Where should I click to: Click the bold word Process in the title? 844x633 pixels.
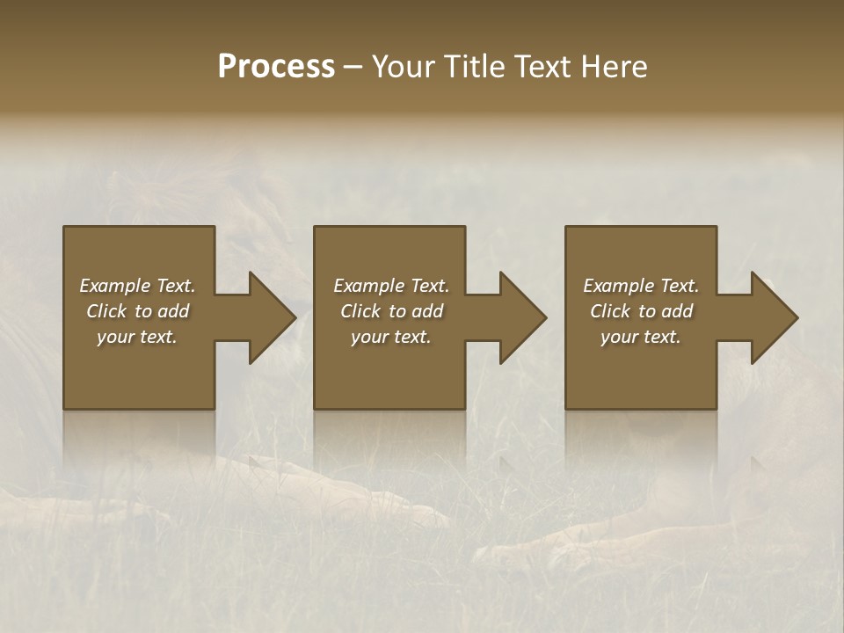pos(276,67)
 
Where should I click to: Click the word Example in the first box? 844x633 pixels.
pos(115,286)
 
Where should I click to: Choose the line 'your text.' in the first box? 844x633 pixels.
pos(137,337)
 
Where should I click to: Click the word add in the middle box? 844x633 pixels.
pos(427,311)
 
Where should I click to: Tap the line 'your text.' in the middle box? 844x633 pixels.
pos(390,337)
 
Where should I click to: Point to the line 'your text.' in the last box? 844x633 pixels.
pos(640,337)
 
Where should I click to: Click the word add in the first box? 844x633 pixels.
pos(173,311)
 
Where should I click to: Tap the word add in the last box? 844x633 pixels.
pos(677,311)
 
